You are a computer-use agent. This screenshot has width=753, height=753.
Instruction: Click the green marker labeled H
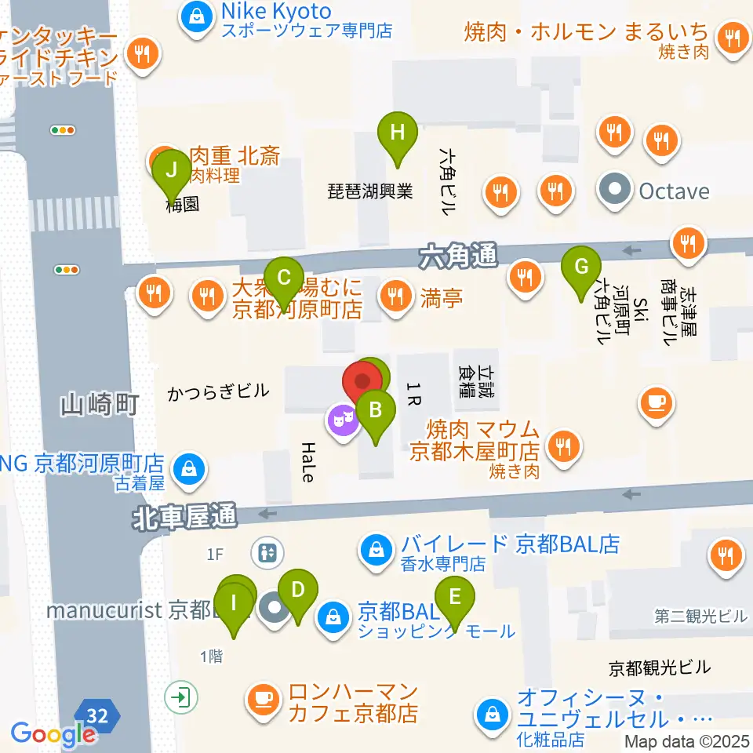(398, 132)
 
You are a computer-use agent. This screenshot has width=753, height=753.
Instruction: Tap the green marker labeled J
(171, 168)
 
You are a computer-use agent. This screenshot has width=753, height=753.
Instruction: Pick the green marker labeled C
(285, 278)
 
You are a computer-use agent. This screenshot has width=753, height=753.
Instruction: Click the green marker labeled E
(455, 597)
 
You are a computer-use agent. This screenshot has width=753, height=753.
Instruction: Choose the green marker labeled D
(297, 589)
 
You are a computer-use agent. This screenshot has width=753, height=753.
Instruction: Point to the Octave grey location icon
(616, 191)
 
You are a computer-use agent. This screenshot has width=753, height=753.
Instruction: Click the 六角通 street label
(457, 255)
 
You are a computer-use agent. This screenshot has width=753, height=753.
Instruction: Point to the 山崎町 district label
(100, 405)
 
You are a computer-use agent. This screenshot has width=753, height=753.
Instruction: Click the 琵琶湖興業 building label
(370, 191)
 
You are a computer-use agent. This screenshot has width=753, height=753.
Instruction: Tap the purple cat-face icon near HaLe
(343, 420)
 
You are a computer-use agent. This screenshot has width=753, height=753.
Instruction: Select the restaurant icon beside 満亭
(393, 296)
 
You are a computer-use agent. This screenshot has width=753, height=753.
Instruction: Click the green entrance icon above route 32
(182, 696)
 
